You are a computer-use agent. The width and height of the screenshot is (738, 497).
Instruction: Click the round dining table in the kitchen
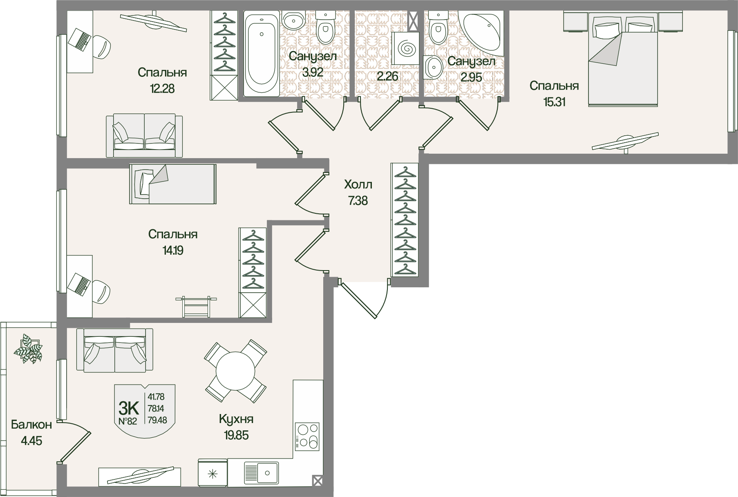click(x=235, y=371)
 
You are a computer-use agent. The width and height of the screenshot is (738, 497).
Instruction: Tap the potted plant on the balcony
click(x=28, y=349)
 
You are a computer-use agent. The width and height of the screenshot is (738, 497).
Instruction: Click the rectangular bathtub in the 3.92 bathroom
click(x=262, y=54)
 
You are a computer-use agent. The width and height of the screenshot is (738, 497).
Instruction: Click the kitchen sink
click(x=262, y=473)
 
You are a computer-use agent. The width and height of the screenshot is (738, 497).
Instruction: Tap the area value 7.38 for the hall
click(x=358, y=201)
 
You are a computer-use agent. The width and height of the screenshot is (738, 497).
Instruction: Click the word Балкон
click(x=31, y=425)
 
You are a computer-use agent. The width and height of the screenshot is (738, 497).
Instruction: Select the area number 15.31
click(x=554, y=102)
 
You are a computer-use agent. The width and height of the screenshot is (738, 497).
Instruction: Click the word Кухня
click(x=236, y=419)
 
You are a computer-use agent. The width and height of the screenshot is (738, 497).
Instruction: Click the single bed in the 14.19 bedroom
click(x=173, y=184)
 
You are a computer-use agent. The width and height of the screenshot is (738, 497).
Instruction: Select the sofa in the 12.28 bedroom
click(x=144, y=136)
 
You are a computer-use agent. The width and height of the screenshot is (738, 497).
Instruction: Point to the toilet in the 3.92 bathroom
click(x=325, y=27)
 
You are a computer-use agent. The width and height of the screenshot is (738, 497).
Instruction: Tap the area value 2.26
click(x=387, y=76)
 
